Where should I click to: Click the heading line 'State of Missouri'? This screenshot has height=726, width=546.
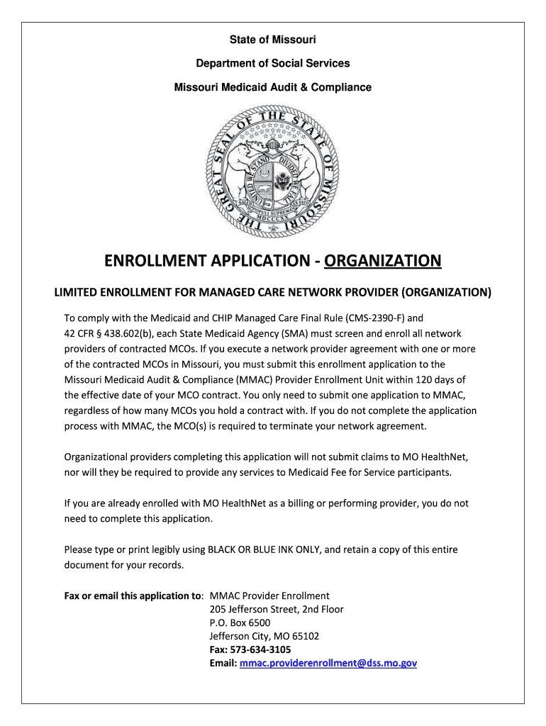(273, 39)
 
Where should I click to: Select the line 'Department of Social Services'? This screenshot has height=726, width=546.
(273, 63)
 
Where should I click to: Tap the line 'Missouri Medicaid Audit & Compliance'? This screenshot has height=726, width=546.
(273, 87)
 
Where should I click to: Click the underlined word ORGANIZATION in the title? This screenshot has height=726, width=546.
(383, 262)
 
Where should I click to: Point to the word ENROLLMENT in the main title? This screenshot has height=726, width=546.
(150, 262)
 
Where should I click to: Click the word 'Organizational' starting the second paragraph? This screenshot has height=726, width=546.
(97, 457)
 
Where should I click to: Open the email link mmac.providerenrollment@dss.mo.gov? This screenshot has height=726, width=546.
(328, 663)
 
